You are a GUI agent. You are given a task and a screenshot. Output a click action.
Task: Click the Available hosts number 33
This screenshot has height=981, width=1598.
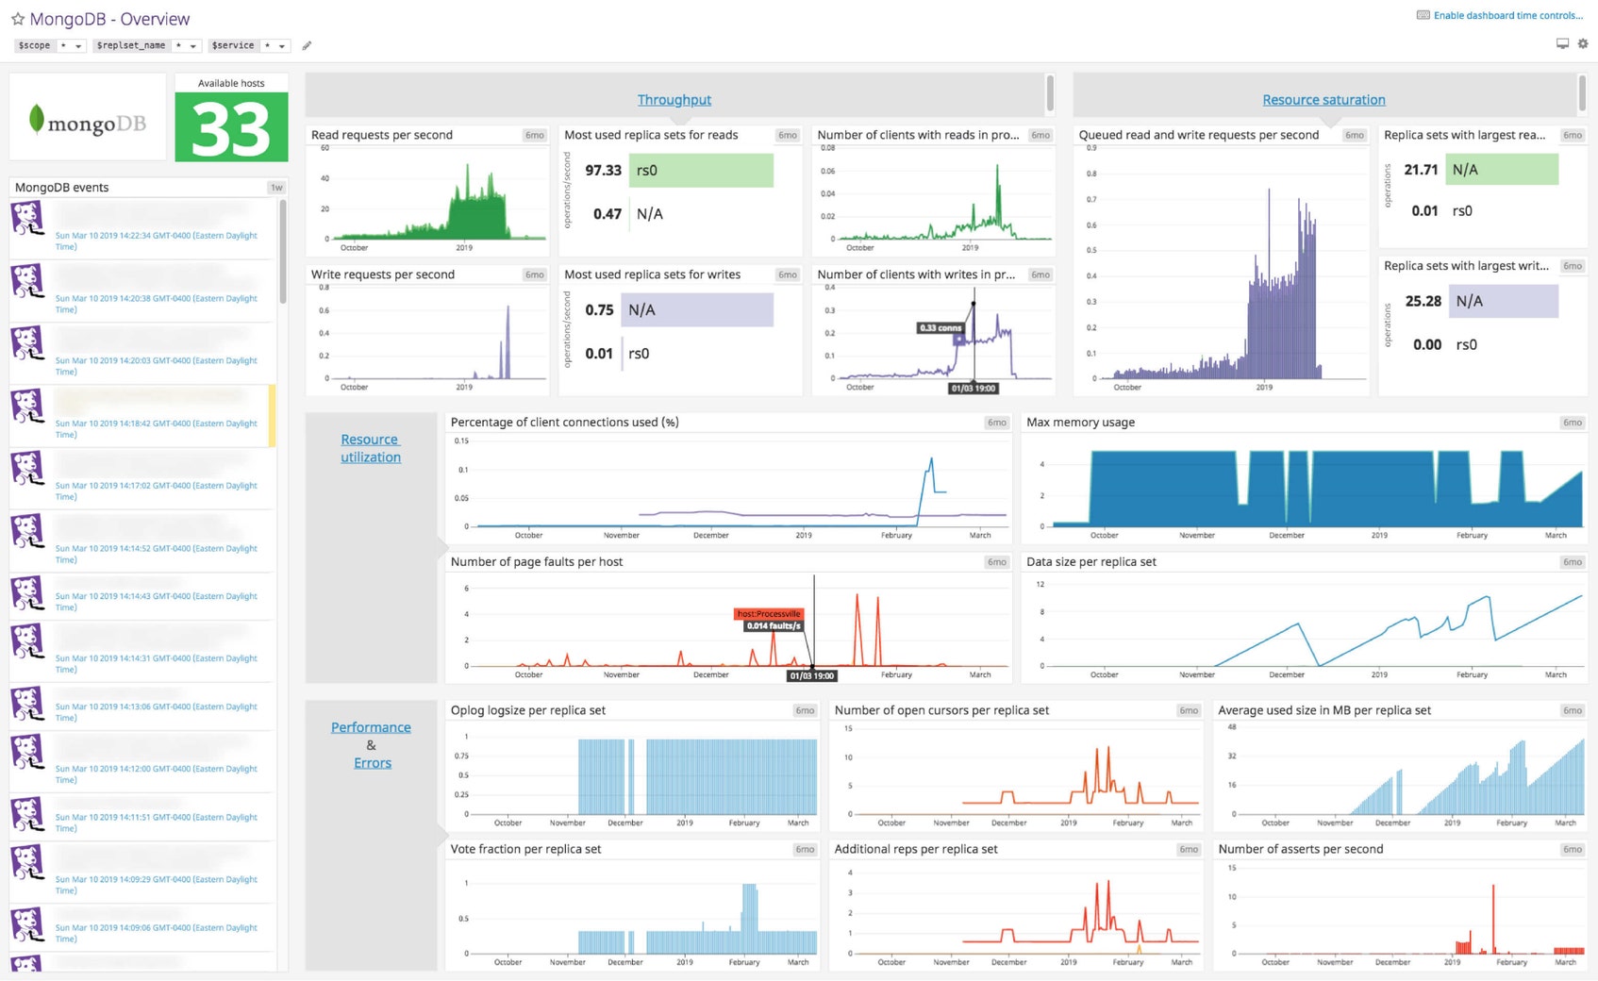coord(231,128)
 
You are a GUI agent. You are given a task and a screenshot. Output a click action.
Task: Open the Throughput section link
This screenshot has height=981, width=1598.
coord(674,100)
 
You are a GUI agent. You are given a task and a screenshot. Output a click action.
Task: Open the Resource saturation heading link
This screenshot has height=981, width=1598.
coord(1323,100)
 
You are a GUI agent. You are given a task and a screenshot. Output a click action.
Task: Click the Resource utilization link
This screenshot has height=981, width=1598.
coord(370,448)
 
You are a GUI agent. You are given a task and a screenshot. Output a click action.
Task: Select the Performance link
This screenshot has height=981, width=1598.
coord(371,727)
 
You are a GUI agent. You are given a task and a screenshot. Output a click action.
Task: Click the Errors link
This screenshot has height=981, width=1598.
coord(372,763)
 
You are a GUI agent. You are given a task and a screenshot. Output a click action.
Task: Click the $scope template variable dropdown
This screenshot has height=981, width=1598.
coord(50,45)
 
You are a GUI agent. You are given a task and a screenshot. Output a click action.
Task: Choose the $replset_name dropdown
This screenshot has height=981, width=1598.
coord(146,45)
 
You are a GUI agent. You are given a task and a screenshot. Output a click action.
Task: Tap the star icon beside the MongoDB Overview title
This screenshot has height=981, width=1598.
coord(17,19)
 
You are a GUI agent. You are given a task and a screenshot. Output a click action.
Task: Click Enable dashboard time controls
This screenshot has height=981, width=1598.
coord(1506,15)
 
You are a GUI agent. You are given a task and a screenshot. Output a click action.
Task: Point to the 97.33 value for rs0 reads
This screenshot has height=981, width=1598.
coord(603,171)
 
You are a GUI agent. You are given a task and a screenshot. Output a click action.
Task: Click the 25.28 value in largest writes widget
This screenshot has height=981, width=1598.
coord(1423,302)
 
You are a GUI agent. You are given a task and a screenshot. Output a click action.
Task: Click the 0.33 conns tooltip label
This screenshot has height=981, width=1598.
coord(940,327)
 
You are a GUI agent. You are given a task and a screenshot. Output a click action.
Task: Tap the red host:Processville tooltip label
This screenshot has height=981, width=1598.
coord(769,613)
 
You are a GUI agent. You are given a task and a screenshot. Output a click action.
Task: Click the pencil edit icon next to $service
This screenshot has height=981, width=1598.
coord(307,45)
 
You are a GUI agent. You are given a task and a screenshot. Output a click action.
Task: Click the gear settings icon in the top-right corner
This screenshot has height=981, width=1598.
coord(1583,43)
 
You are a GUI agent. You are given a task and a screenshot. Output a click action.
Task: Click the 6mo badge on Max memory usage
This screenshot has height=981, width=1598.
coord(1572,423)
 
